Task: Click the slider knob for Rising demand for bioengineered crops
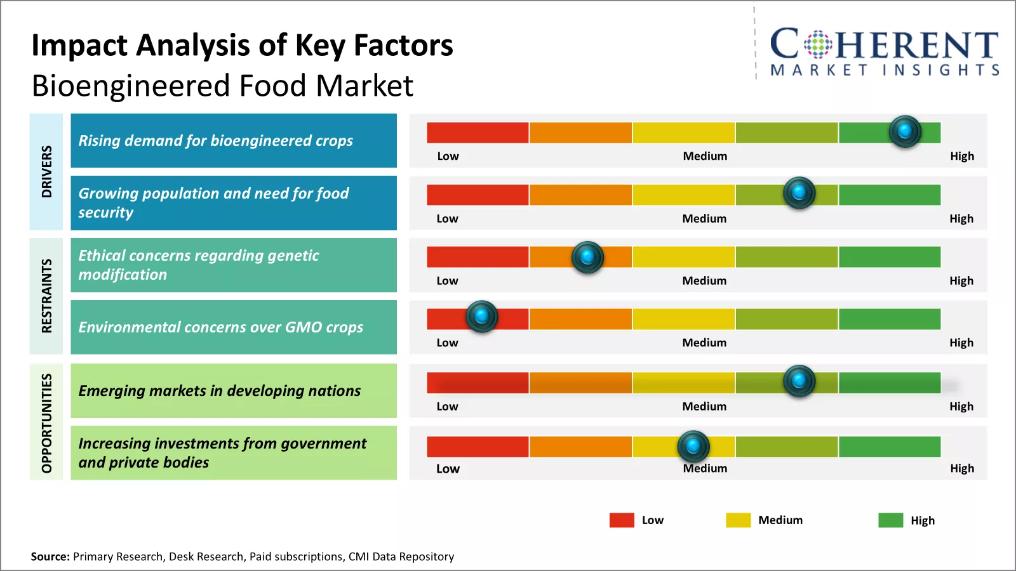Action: click(x=905, y=131)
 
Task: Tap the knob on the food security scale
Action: click(x=799, y=192)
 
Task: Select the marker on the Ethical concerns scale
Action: click(x=587, y=257)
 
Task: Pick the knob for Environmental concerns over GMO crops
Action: click(x=481, y=316)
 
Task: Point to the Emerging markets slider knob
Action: click(x=799, y=381)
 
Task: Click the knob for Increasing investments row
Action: click(x=693, y=446)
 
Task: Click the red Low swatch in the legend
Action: click(x=622, y=520)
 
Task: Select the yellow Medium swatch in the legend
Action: click(x=738, y=520)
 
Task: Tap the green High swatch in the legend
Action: click(x=890, y=520)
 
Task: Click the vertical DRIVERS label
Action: click(x=46, y=171)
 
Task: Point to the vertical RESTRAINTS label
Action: click(x=46, y=296)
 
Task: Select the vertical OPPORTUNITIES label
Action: click(x=46, y=423)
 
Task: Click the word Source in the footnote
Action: click(x=50, y=556)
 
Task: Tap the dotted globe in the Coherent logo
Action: click(x=818, y=44)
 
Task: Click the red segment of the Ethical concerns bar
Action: click(x=478, y=257)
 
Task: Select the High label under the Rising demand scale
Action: click(x=961, y=156)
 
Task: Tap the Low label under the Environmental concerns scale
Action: click(x=447, y=343)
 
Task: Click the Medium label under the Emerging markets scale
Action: click(x=704, y=407)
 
